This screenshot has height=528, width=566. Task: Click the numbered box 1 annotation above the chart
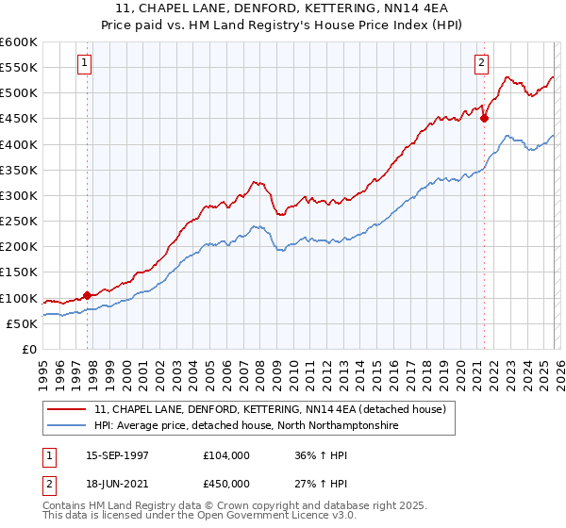pos(84,63)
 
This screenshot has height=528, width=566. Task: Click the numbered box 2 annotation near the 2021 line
pos(481,63)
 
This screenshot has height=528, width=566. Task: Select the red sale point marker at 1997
pos(88,295)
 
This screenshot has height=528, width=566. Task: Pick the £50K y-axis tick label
pos(22,323)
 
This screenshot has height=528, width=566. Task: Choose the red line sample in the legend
pos(67,409)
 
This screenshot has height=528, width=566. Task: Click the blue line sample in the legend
pos(67,426)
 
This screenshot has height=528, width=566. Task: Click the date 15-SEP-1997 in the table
pos(119,455)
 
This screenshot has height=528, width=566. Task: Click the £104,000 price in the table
pos(227,455)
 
